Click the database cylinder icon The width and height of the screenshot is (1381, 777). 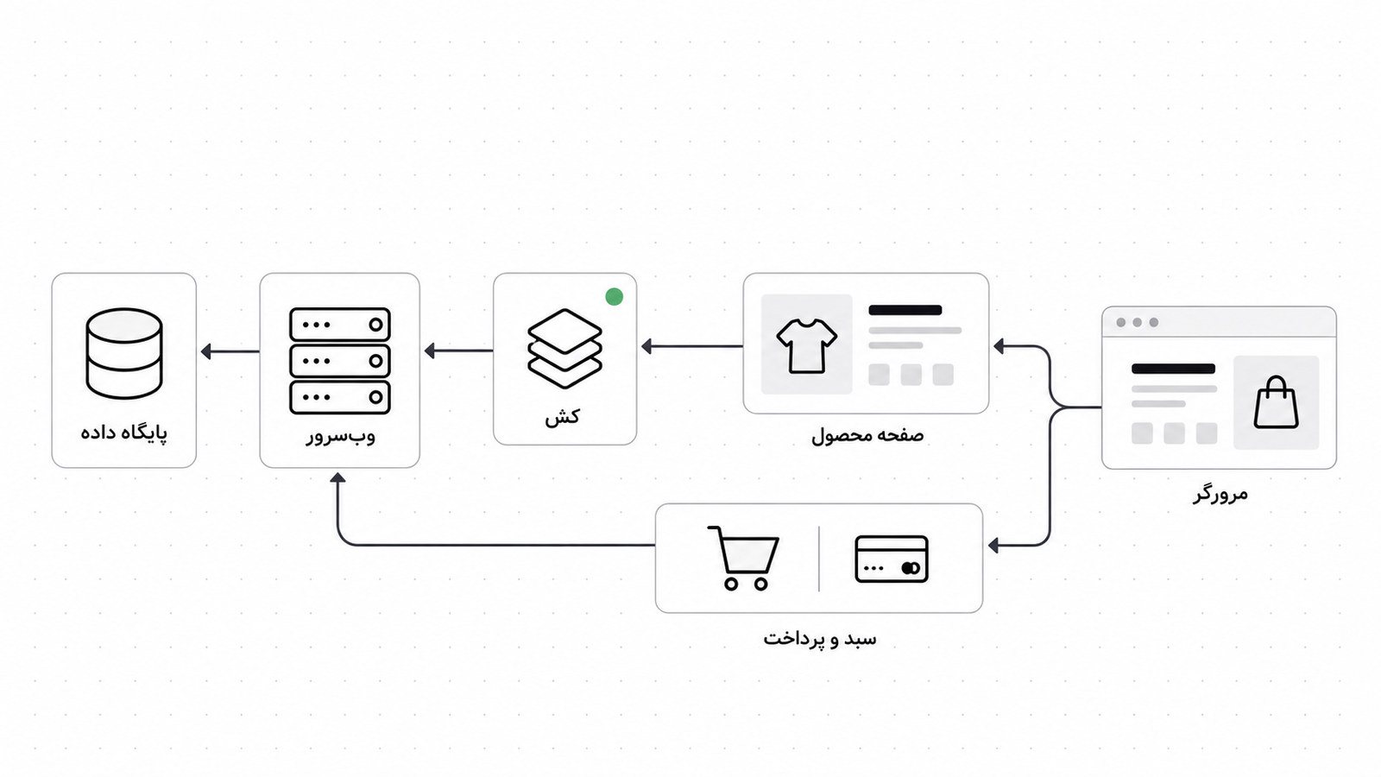124,353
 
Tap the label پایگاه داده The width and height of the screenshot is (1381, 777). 124,432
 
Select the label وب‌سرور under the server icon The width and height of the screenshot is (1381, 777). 340,437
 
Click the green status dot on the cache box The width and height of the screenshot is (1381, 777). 614,297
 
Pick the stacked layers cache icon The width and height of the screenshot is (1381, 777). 564,349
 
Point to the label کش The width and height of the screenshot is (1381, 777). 562,417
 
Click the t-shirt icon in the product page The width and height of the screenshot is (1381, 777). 806,346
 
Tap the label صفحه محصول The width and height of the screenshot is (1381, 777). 867,435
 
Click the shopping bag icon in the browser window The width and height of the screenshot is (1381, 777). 1277,402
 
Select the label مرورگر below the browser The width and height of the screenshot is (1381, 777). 1220,493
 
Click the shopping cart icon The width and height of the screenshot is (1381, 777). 743,558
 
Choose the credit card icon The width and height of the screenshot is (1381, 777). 892,559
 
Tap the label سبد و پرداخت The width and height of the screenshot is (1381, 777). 819,638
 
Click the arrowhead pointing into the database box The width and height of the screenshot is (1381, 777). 206,351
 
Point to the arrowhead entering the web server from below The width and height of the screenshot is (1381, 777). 337,477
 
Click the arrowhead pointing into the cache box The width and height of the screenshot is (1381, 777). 646,346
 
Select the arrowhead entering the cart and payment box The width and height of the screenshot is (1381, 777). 993,545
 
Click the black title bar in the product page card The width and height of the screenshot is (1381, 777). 905,310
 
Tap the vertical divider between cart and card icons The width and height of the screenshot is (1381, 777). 819,559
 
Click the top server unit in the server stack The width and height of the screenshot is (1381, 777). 340,325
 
